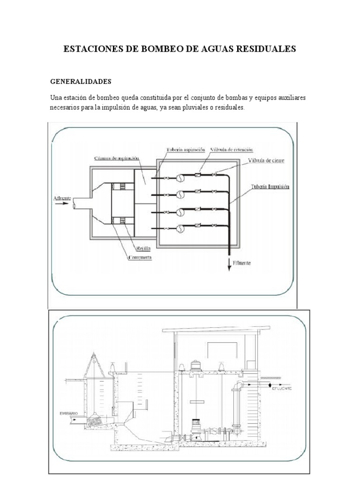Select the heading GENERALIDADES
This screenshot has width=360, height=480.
[81, 82]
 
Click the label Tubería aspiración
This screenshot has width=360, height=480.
[186, 150]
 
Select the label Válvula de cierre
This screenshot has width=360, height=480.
[266, 161]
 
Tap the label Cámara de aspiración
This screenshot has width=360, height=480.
[114, 158]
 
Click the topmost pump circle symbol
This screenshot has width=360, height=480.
[180, 178]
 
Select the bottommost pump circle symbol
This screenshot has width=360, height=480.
[180, 229]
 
